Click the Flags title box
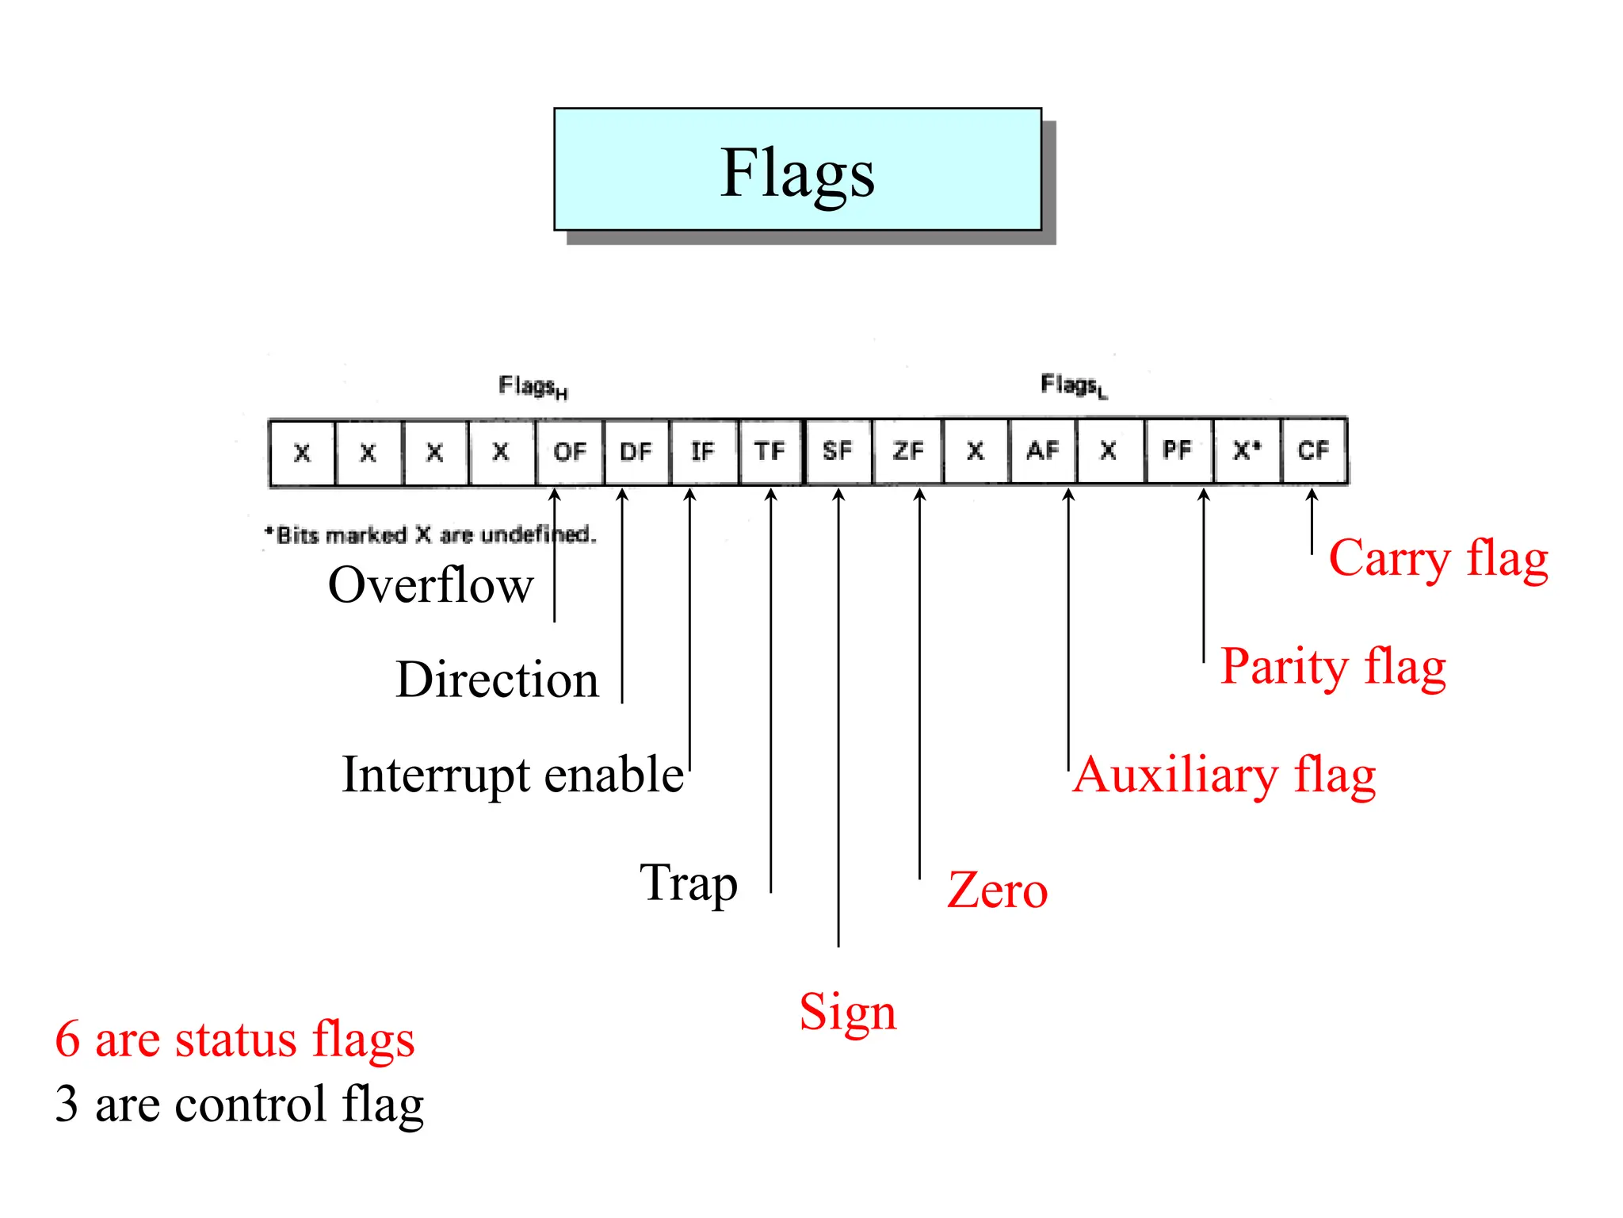(797, 170)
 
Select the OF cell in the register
(570, 452)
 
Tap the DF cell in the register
(636, 452)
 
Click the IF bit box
(703, 452)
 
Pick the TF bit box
(769, 452)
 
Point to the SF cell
(838, 452)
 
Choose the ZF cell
(908, 452)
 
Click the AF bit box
(1043, 451)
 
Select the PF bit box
(1178, 450)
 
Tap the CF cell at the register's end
(1313, 450)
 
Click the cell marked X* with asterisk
(1247, 450)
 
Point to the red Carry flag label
(1438, 558)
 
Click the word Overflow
(430, 585)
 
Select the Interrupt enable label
(513, 775)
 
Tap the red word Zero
(997, 891)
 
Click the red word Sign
(847, 1013)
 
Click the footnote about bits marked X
(430, 535)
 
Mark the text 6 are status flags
(235, 1040)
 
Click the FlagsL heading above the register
(1074, 386)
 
